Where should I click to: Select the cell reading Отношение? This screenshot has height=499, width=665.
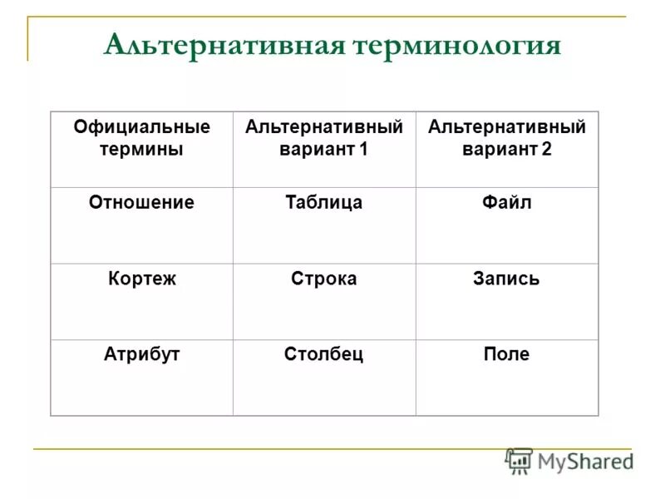[141, 202]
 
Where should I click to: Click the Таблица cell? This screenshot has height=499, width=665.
[324, 202]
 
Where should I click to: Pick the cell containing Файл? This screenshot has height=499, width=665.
[506, 202]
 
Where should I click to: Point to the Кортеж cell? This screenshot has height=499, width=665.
[141, 279]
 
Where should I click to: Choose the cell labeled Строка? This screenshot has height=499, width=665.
[324, 279]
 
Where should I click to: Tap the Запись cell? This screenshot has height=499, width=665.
[506, 279]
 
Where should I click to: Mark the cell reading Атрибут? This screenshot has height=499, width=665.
[141, 354]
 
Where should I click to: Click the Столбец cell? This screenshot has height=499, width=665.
[324, 354]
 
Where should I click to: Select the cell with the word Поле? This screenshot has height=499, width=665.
[506, 354]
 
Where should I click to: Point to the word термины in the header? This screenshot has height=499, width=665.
[141, 150]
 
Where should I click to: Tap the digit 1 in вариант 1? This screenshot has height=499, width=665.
[362, 150]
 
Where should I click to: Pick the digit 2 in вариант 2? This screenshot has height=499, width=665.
[545, 150]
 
